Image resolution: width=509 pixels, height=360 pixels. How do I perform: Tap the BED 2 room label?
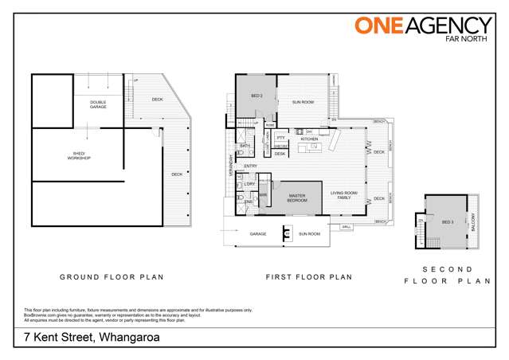(x=256, y=96)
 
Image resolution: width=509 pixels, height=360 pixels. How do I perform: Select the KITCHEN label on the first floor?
(x=309, y=139)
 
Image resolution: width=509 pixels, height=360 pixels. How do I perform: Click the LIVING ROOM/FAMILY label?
(x=344, y=195)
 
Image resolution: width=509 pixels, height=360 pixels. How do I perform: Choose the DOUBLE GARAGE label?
(x=98, y=104)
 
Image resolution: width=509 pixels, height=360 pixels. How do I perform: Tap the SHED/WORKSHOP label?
(x=78, y=158)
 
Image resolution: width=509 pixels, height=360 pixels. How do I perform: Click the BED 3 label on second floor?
(x=447, y=222)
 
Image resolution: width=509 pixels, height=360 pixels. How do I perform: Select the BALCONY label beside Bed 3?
(x=473, y=222)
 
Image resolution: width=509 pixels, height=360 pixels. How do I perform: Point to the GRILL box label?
(x=346, y=228)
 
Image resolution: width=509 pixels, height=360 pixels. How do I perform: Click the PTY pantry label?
(x=280, y=138)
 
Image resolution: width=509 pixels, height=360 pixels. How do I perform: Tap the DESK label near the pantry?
(x=280, y=154)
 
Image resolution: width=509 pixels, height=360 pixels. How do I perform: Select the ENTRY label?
(x=250, y=166)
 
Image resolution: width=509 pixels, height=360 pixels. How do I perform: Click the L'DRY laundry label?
(x=249, y=184)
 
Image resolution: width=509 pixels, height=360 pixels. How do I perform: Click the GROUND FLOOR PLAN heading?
(x=112, y=277)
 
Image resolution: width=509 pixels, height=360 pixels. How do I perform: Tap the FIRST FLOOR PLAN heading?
(x=308, y=277)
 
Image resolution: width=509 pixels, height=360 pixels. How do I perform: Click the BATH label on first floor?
(x=245, y=146)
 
